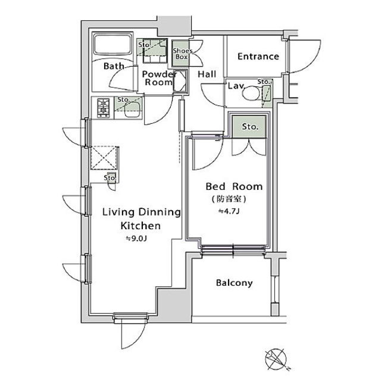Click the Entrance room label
pyautogui.click(x=258, y=57)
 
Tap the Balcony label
pyautogui.click(x=234, y=283)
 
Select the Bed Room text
pyautogui.click(x=234, y=186)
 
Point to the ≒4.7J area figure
pyautogui.click(x=229, y=211)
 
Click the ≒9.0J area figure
pyautogui.click(x=136, y=239)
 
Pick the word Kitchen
pyautogui.click(x=140, y=226)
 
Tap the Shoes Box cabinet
pyautogui.click(x=181, y=54)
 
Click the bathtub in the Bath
pyautogui.click(x=113, y=45)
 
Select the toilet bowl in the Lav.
pyautogui.click(x=251, y=93)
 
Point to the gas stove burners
pyautogui.click(x=104, y=108)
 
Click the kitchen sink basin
pyautogui.click(x=132, y=110)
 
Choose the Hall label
pyautogui.click(x=207, y=74)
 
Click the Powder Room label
pyautogui.click(x=158, y=78)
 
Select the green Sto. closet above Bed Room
pyautogui.click(x=249, y=127)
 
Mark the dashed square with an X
pyautogui.click(x=104, y=158)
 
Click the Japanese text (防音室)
pyautogui.click(x=229, y=199)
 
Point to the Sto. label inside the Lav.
pyautogui.click(x=264, y=82)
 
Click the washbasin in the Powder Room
pyautogui.click(x=180, y=81)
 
